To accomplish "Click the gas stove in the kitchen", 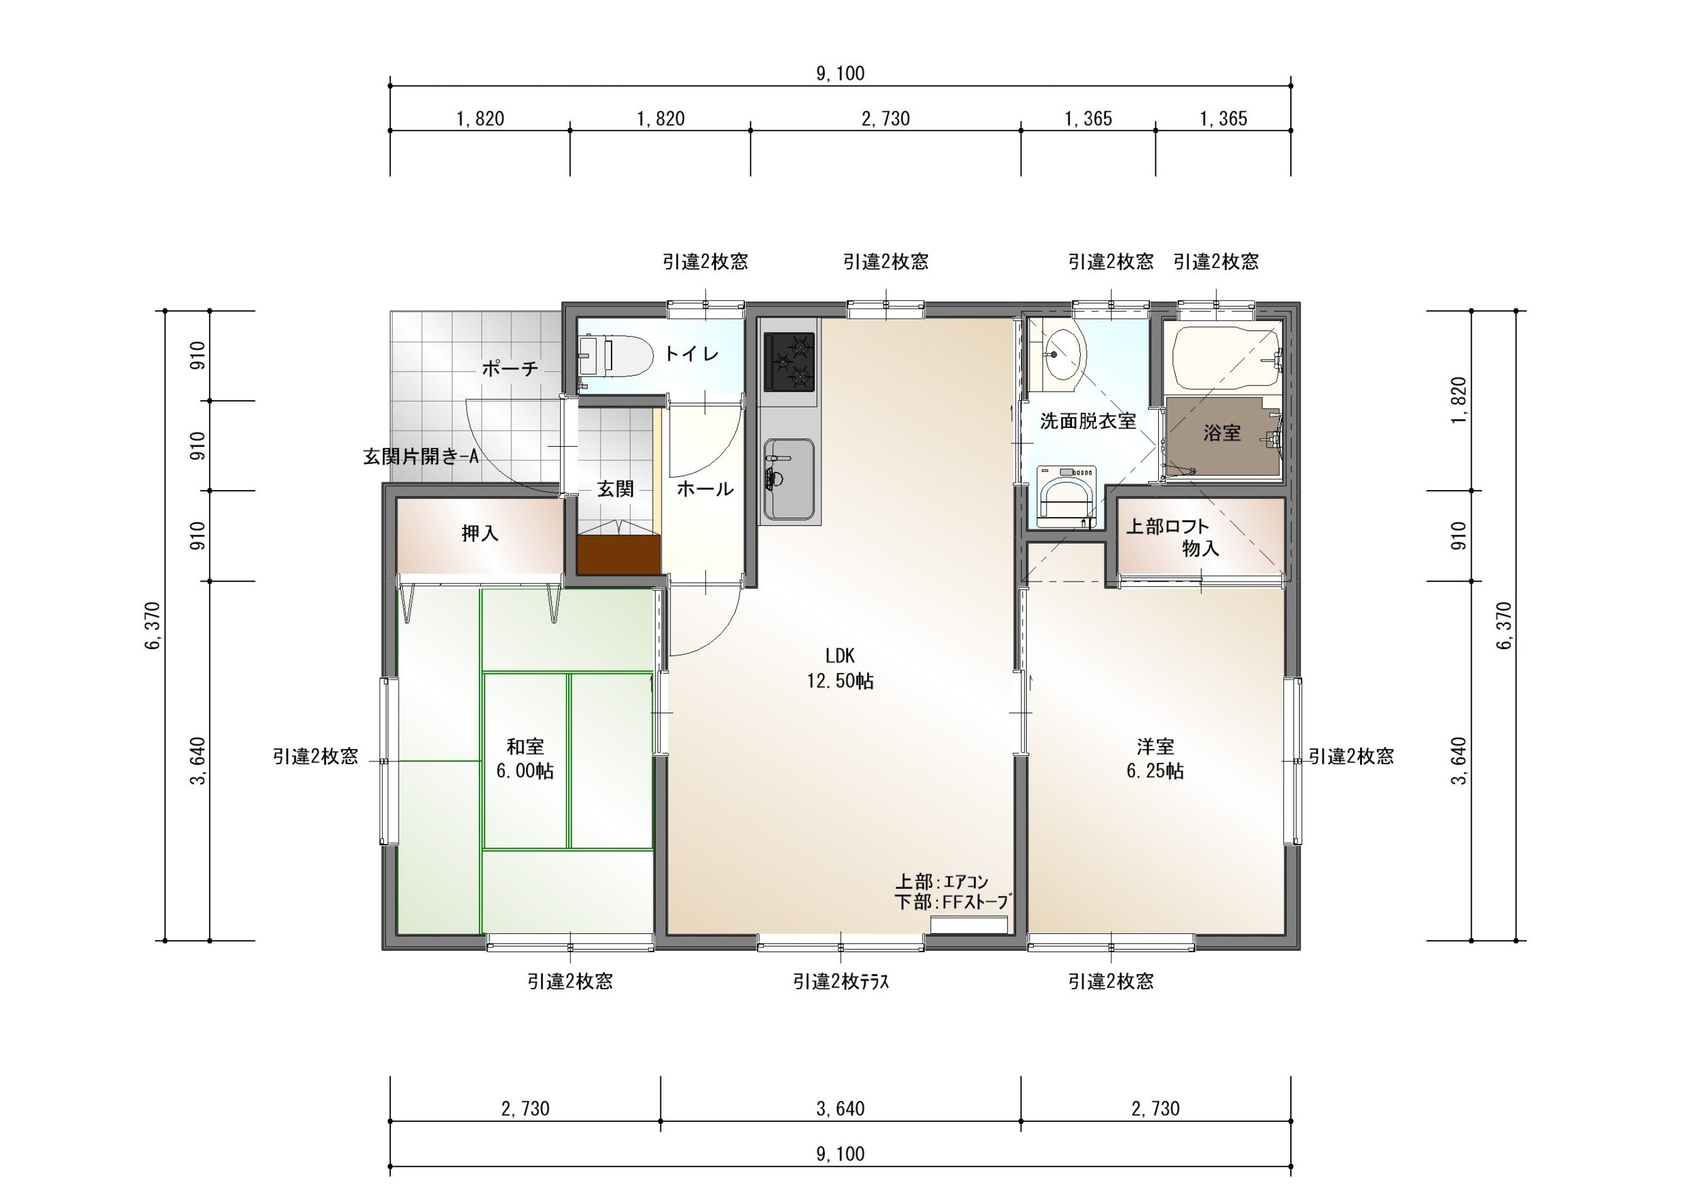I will click(x=790, y=362).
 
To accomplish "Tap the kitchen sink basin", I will click(x=790, y=480).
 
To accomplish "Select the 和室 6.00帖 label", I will click(x=524, y=758).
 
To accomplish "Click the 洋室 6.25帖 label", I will click(x=1155, y=758).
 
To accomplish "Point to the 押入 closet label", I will click(x=480, y=533).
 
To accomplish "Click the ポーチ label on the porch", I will click(x=510, y=368).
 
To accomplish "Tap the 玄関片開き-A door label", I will click(x=420, y=456).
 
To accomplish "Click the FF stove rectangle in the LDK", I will click(x=969, y=924).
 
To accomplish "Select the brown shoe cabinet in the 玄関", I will click(x=618, y=555).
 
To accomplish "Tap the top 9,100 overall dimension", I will click(x=841, y=73).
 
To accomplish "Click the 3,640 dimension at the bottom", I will click(x=841, y=1108).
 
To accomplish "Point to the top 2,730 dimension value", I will click(x=886, y=119).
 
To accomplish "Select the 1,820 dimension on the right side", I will click(x=1459, y=400).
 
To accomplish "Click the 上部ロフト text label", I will click(x=1168, y=527).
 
